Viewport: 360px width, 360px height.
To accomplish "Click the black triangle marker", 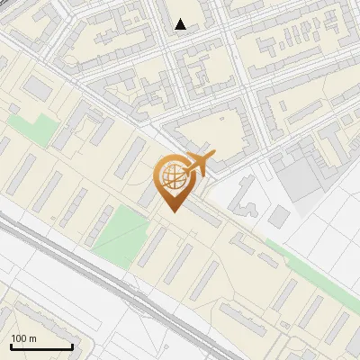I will (x=181, y=24).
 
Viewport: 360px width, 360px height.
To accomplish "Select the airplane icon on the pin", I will (x=193, y=165).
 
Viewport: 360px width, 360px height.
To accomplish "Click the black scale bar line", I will (x=40, y=346).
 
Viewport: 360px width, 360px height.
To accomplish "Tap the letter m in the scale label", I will (x=32, y=338).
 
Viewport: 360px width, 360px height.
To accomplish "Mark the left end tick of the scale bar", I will (x=10, y=345).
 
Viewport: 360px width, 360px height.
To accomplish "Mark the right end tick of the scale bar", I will (x=72, y=345).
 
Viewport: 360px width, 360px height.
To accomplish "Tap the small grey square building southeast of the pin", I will (x=280, y=216).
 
